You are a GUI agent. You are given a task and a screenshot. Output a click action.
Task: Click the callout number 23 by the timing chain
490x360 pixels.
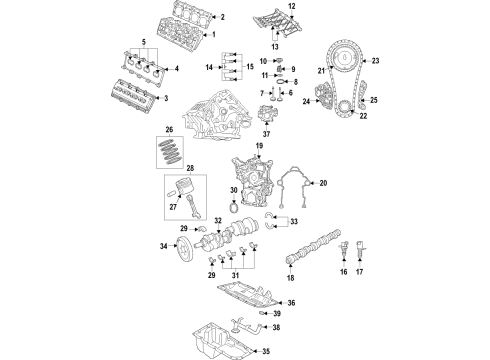click(377, 61)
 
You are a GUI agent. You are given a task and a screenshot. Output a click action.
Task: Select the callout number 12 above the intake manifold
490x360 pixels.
click(291, 7)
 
